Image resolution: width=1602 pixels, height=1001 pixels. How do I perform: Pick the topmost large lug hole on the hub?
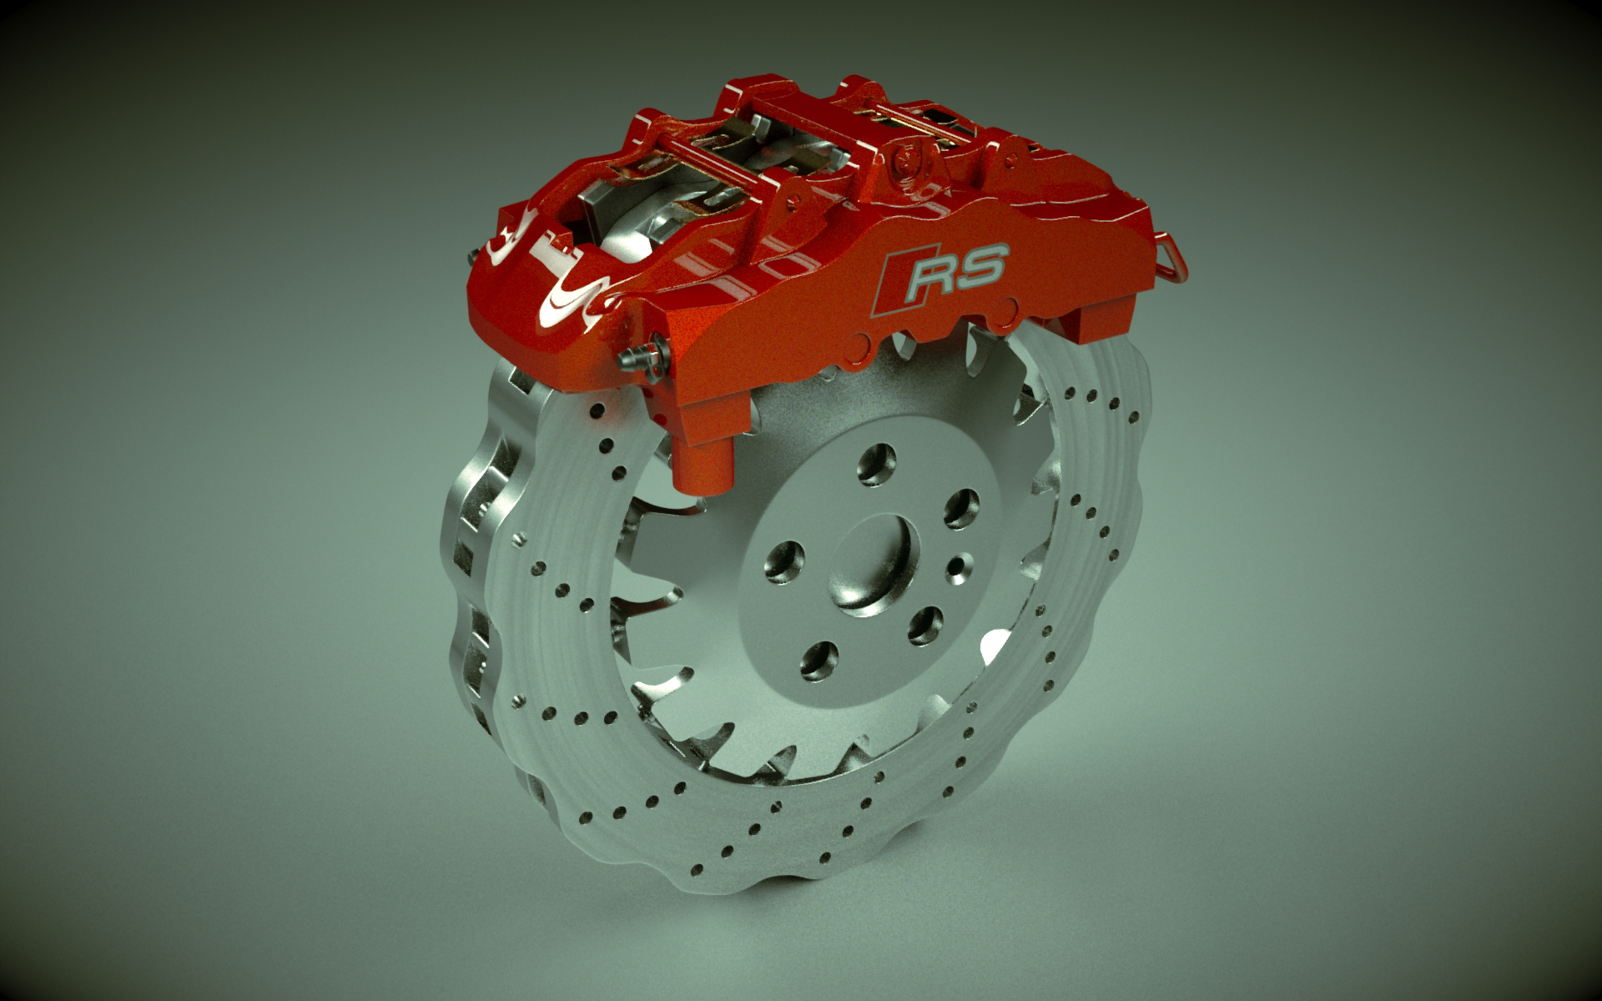[876, 464]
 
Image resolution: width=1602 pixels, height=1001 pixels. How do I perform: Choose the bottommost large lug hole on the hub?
[819, 660]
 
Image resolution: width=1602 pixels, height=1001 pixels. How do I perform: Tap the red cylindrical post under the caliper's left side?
[702, 464]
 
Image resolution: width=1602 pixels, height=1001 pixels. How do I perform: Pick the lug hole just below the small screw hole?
[924, 625]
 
